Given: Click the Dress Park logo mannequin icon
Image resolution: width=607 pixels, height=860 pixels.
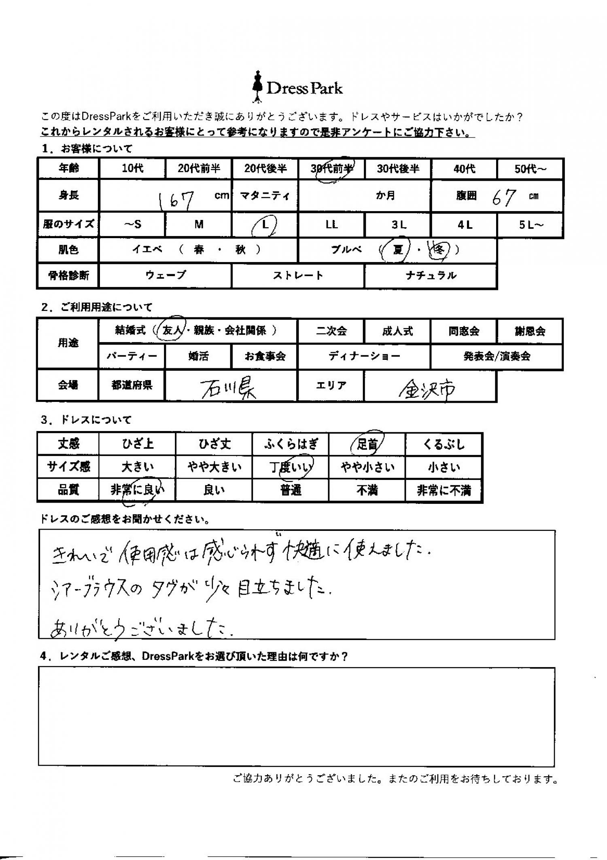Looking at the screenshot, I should [x=257, y=87].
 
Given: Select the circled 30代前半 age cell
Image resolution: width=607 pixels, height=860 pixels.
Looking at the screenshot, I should [x=331, y=169].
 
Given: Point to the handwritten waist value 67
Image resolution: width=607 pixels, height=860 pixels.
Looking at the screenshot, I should [x=503, y=197].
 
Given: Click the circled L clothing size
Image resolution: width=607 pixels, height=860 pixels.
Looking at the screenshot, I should [x=265, y=225].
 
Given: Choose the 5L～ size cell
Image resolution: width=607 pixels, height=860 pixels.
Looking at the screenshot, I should [x=531, y=225].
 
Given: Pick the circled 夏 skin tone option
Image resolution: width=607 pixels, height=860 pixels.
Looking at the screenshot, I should [x=397, y=250].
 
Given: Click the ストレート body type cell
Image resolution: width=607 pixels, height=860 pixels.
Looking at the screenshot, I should [x=298, y=276].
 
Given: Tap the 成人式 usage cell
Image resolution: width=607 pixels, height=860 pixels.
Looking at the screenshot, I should [x=397, y=331].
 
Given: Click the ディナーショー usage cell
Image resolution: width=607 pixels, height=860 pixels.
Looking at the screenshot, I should [x=364, y=356].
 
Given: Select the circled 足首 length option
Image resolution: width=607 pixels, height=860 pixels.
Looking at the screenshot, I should [x=367, y=444].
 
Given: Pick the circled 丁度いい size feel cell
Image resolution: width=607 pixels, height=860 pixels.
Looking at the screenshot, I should [x=291, y=467].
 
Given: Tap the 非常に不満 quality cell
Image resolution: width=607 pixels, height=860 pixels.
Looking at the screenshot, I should [x=444, y=491].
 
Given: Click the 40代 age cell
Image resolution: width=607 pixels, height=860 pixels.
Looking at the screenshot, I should [x=464, y=169].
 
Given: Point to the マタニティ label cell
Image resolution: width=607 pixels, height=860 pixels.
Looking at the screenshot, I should [x=265, y=196].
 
